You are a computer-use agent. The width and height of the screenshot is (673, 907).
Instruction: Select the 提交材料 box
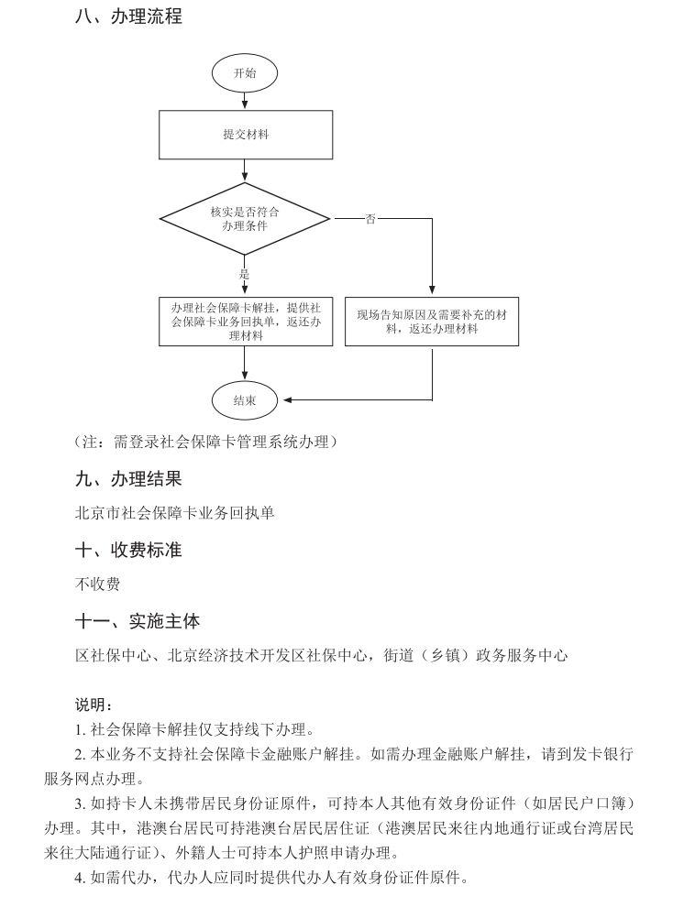click(244, 135)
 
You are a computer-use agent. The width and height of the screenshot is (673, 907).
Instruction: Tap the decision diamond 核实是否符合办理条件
click(244, 218)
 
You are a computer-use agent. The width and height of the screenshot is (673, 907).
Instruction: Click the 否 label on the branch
click(370, 219)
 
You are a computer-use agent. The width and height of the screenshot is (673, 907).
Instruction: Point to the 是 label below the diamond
click(244, 274)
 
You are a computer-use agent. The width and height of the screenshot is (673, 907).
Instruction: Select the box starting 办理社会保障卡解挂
click(245, 321)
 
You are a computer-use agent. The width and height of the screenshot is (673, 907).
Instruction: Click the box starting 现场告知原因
click(431, 321)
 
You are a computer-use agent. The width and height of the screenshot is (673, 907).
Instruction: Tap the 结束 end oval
click(244, 400)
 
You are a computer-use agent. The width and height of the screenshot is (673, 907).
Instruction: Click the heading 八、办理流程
click(128, 16)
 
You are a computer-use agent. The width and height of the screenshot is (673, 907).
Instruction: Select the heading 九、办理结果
click(128, 478)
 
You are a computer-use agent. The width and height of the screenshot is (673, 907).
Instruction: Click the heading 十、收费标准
click(128, 550)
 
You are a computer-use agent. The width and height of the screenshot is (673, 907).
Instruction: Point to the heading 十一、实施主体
click(138, 621)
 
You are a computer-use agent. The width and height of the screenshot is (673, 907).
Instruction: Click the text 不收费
click(97, 584)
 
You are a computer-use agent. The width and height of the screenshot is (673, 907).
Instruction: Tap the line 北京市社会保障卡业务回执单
click(175, 513)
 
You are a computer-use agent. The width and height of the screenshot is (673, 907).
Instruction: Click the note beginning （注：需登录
click(206, 442)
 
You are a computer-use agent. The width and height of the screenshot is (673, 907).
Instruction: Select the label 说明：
click(94, 705)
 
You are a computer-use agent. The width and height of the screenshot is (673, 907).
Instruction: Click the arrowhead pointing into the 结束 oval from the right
click(288, 400)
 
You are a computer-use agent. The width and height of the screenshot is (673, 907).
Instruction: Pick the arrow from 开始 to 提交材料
click(244, 101)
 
